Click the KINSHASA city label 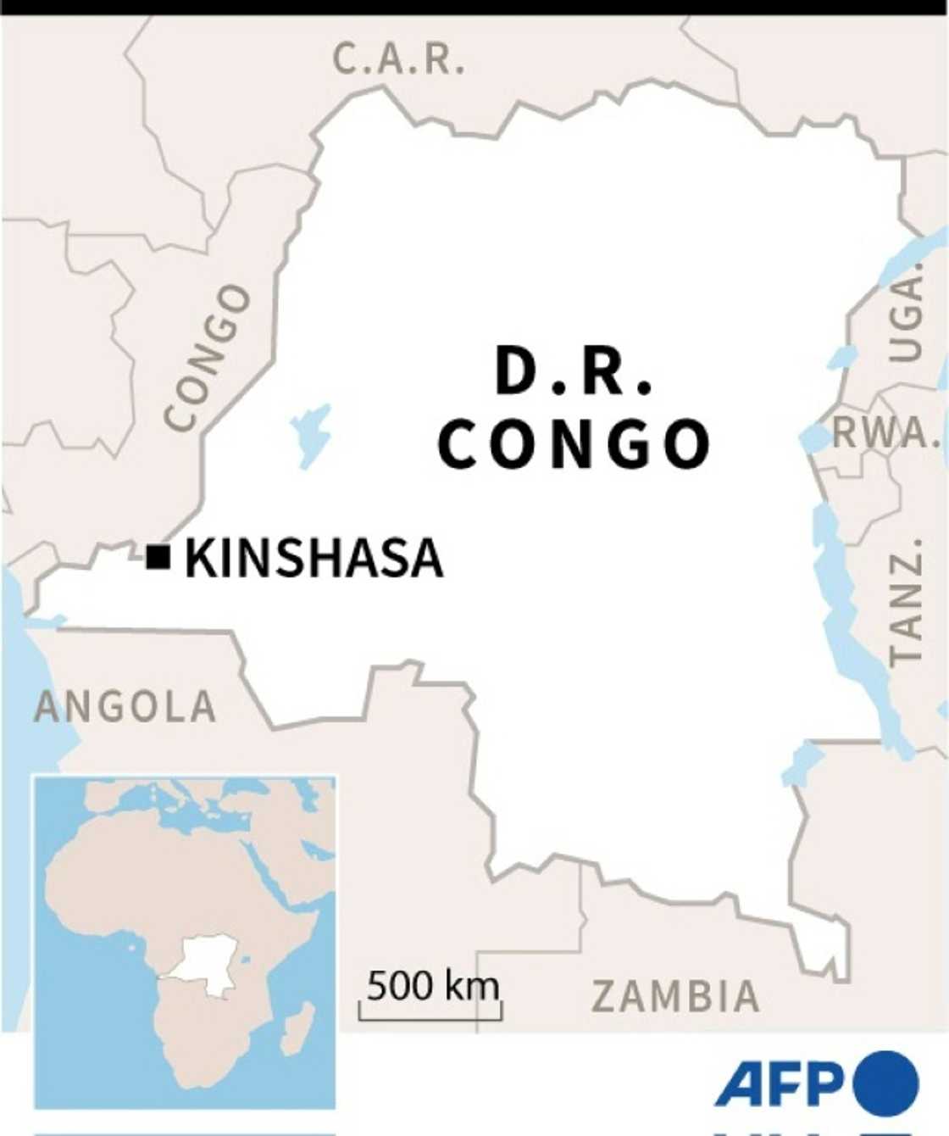(314, 559)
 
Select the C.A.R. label (398, 59)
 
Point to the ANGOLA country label (125, 707)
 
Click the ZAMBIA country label (674, 996)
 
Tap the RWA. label (886, 433)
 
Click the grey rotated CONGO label (208, 357)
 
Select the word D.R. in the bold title (574, 373)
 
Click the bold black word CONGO (574, 444)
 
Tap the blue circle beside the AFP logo (886, 1083)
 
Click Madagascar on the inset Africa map (296, 1027)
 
